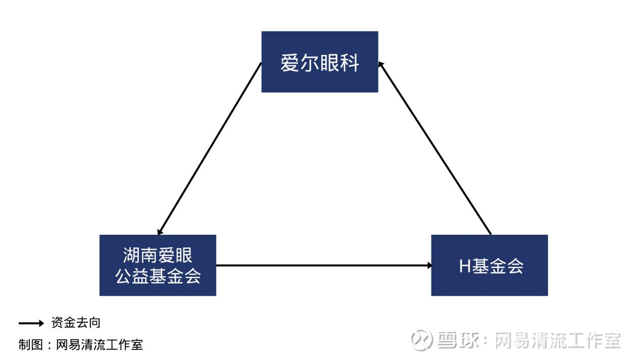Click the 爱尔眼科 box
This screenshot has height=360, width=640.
pyautogui.click(x=320, y=62)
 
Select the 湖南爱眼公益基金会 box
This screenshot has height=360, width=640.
pyautogui.click(x=158, y=265)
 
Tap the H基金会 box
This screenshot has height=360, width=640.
pyautogui.click(x=489, y=265)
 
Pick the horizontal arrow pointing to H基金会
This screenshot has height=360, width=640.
pyautogui.click(x=324, y=266)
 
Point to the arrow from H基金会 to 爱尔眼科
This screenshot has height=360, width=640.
pyautogui.click(x=434, y=148)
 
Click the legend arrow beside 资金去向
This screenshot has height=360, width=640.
pyautogui.click(x=31, y=323)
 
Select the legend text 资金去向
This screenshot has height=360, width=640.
pyautogui.click(x=76, y=323)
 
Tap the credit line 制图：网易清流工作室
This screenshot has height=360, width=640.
pyautogui.click(x=81, y=344)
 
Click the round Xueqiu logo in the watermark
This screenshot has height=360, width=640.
pyautogui.click(x=421, y=339)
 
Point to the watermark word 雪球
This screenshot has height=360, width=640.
pyautogui.click(x=458, y=340)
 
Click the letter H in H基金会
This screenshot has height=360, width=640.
pyautogui.click(x=465, y=266)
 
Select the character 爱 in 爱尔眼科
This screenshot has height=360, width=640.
pyautogui.click(x=290, y=62)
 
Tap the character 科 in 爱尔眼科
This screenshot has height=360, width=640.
pyautogui.click(x=350, y=62)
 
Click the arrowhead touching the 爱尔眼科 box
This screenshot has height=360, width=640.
pyautogui.click(x=381, y=65)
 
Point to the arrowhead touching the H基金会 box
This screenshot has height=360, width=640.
pyautogui.click(x=430, y=266)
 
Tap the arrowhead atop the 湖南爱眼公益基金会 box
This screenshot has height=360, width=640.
pyautogui.click(x=160, y=232)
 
